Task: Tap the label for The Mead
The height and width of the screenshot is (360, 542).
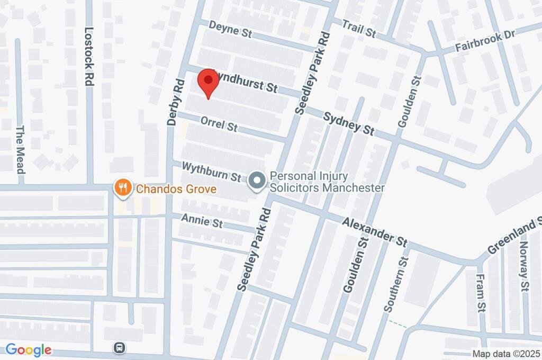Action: tap(21, 150)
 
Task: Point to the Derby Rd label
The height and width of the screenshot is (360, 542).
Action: tap(175, 102)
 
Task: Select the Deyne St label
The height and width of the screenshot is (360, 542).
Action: tap(230, 29)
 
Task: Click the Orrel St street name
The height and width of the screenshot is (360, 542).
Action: tap(219, 125)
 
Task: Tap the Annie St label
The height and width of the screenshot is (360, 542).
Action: tap(202, 221)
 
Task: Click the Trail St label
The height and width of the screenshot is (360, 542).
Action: tap(359, 29)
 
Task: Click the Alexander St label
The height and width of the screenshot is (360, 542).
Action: tap(374, 231)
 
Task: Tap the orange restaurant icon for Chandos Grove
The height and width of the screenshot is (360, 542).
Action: tap(123, 187)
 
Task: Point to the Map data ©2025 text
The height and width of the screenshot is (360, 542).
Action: tap(505, 354)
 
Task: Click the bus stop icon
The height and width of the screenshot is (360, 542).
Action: tap(120, 348)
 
